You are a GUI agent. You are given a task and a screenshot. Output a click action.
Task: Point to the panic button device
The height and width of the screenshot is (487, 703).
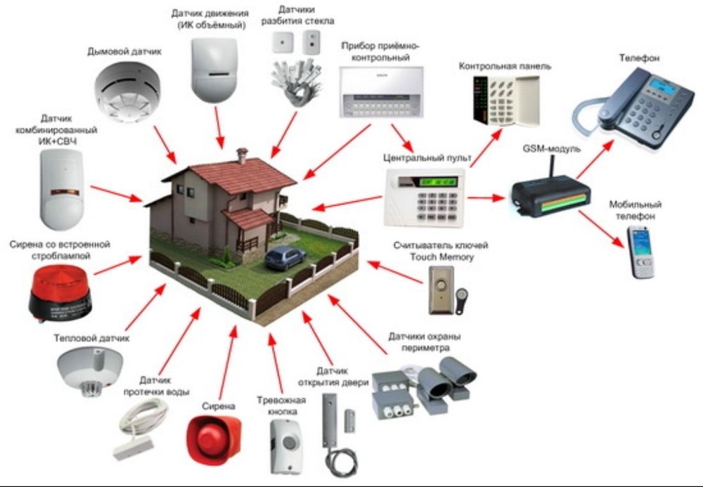pos(286,446)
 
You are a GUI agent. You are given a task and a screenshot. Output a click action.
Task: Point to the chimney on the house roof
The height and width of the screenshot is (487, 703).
pos(242,155)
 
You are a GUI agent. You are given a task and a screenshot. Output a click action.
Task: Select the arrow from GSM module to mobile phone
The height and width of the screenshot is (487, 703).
pos(602,226)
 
